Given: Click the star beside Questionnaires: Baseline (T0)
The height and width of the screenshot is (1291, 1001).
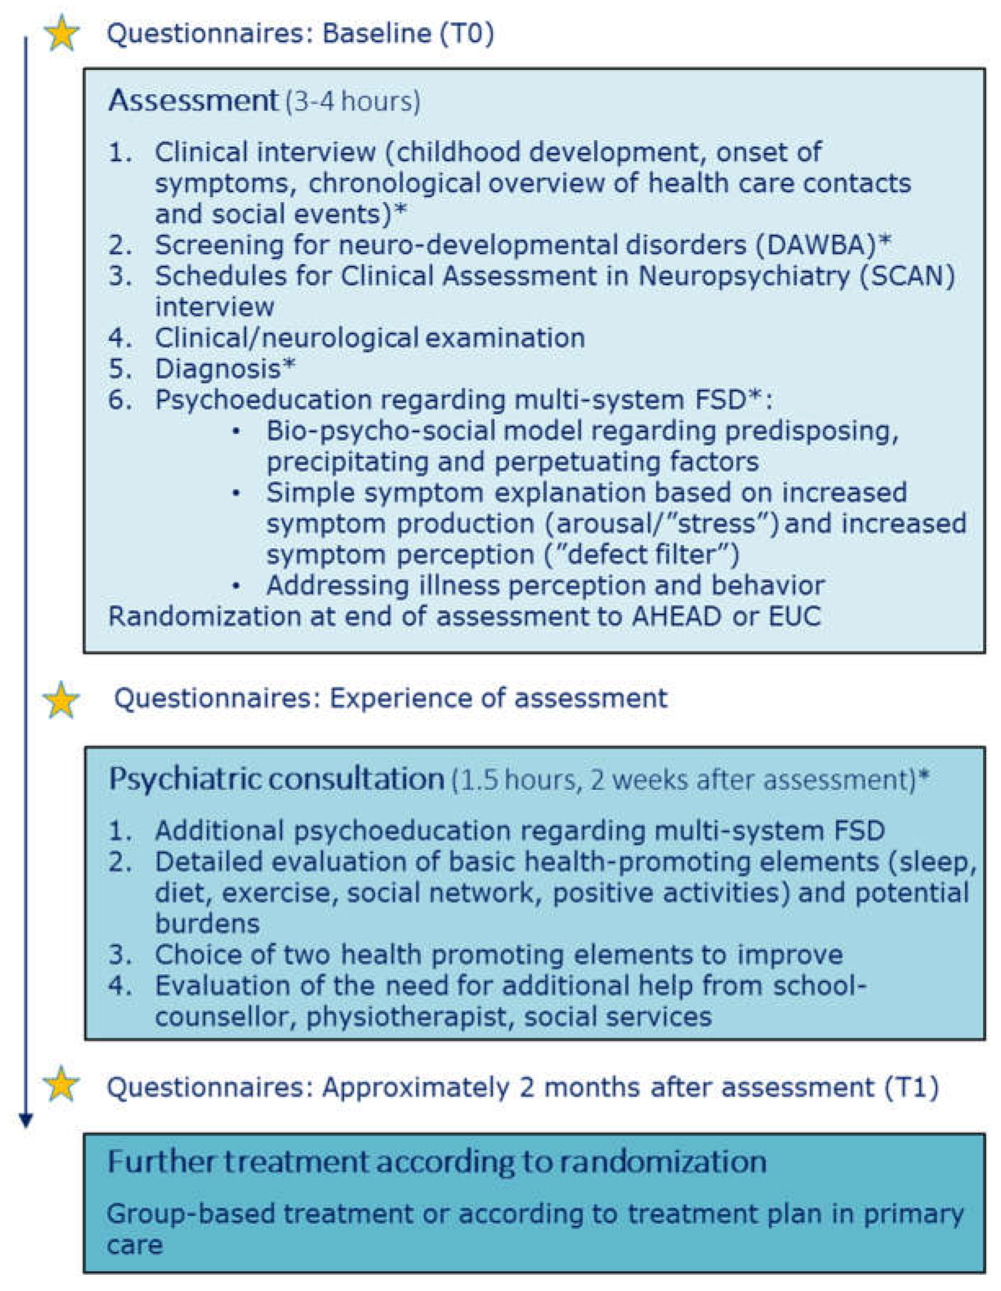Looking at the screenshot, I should click(x=62, y=34).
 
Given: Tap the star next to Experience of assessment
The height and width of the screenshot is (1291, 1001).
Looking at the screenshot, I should click(x=62, y=699).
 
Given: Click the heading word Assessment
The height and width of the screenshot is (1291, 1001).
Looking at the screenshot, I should click(x=193, y=100).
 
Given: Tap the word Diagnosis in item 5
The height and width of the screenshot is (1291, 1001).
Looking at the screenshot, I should click(x=218, y=369).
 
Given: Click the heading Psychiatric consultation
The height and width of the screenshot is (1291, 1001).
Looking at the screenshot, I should click(x=276, y=779).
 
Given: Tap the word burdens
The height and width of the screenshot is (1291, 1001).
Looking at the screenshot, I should click(x=207, y=923).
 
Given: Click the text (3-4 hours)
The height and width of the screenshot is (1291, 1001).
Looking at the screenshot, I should click(x=353, y=102).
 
